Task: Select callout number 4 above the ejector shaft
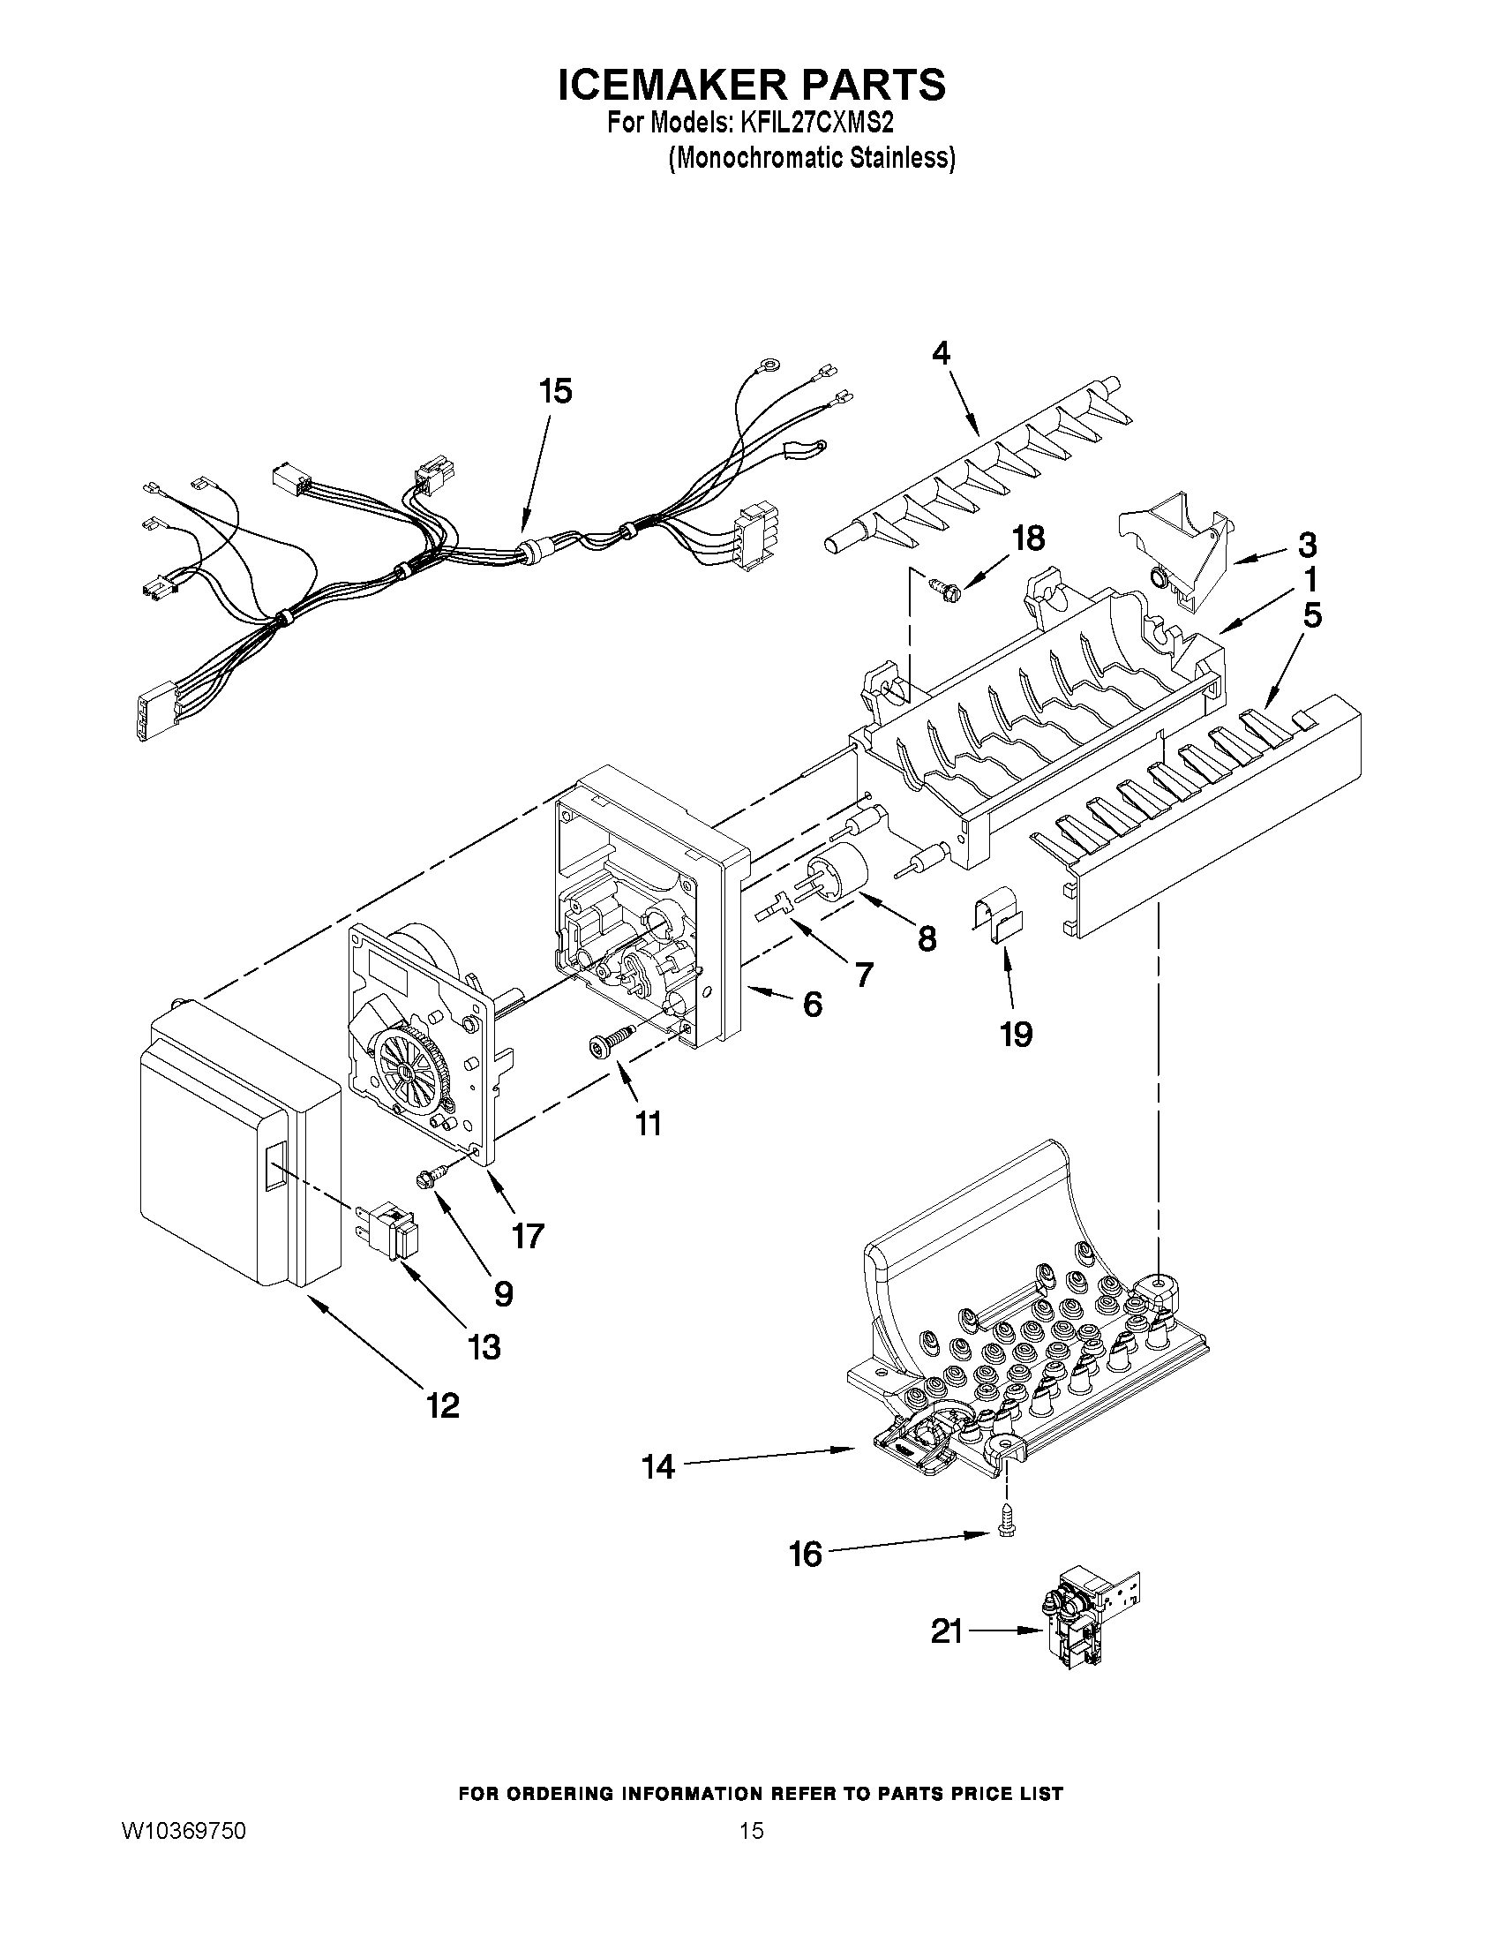click(x=941, y=353)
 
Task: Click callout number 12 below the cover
click(x=442, y=1405)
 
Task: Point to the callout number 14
click(x=659, y=1467)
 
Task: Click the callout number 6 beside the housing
click(x=812, y=1005)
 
